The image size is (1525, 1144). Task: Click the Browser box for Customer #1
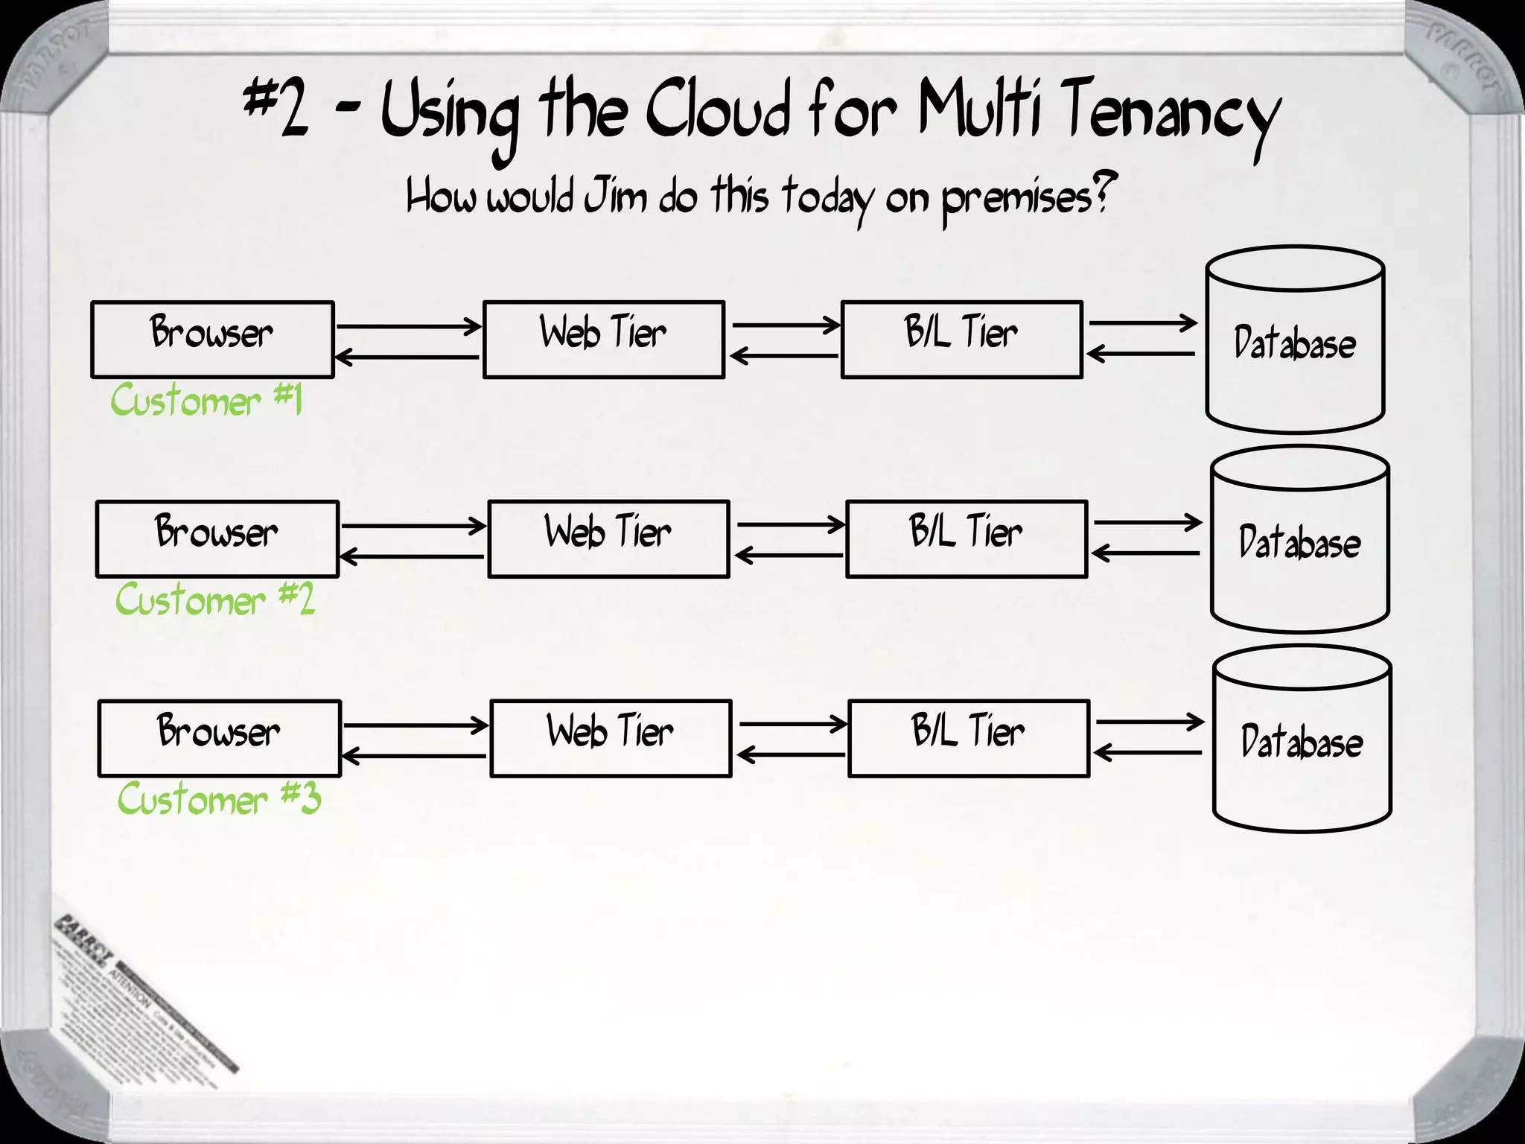tap(212, 340)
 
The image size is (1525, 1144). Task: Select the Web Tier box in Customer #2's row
tap(608, 538)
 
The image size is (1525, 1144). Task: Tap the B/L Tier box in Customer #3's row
tap(968, 738)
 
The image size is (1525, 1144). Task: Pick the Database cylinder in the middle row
tap(1299, 541)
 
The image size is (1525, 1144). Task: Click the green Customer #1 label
tap(206, 400)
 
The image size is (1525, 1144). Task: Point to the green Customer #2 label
tap(214, 600)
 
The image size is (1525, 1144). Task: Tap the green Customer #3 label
tap(219, 799)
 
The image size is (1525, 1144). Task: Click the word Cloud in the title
tap(716, 112)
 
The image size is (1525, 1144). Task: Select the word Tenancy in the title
tap(1169, 115)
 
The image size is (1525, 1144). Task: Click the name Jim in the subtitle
tap(615, 197)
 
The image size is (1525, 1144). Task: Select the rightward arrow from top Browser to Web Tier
tap(408, 326)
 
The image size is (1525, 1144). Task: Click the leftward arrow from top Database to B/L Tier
tap(1141, 353)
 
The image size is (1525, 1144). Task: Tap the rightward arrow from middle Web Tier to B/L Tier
tap(791, 525)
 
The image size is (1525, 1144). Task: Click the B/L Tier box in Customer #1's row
tap(961, 340)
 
